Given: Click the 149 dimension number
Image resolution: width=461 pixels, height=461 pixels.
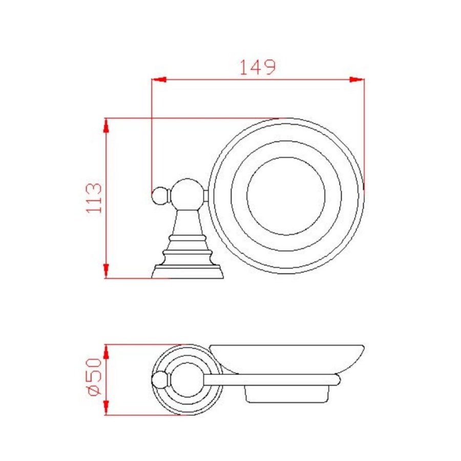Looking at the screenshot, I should point(258,67).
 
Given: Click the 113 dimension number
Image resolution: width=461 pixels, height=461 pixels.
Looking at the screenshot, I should point(94,198).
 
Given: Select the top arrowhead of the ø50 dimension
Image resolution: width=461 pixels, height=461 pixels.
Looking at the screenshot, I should point(107,350).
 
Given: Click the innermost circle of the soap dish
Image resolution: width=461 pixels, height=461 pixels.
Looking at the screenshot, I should point(286,196).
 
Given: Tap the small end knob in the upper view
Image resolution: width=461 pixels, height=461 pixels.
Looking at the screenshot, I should point(159,196).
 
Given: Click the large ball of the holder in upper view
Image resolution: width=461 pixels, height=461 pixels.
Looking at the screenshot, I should point(187,194).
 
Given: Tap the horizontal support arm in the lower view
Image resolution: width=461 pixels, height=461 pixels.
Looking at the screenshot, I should point(271,379).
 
